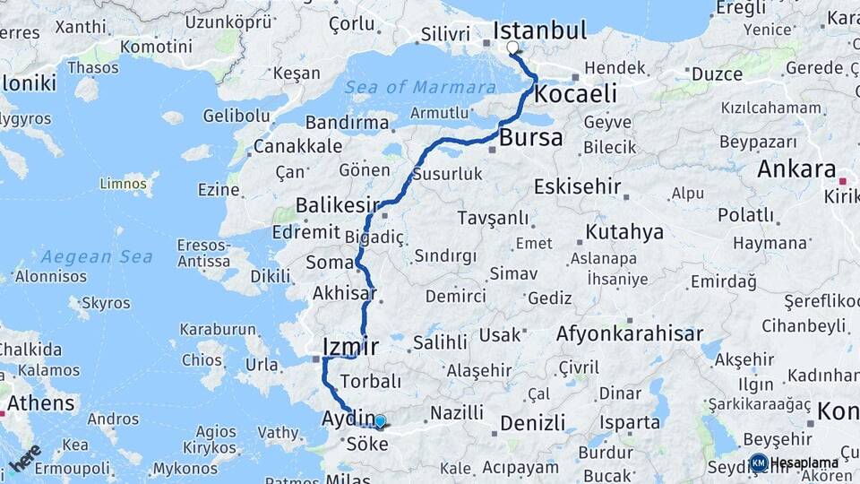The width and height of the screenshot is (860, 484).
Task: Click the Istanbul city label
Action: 539,30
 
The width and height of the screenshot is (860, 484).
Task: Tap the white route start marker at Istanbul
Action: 512,48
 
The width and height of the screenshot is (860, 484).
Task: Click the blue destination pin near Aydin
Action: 380,421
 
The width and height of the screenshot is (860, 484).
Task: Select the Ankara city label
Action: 796,169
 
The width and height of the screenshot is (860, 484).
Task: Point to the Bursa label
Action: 531,138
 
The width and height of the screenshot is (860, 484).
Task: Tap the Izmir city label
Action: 350,346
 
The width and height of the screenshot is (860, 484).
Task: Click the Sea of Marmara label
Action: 420,87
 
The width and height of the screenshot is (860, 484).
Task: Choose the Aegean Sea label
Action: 84,256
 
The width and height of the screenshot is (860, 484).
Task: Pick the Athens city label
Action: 42,402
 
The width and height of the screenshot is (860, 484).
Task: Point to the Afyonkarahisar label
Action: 630,334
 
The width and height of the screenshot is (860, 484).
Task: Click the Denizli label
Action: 533,423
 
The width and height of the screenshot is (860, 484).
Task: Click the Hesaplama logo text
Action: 804,462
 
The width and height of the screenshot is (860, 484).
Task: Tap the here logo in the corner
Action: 25,456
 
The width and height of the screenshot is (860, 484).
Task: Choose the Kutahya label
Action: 624,233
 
